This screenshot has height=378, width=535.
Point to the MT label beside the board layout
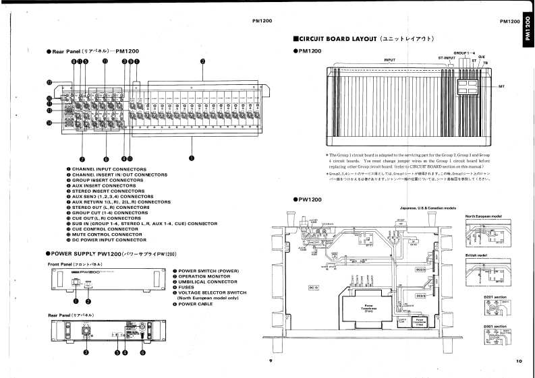tap(502, 87)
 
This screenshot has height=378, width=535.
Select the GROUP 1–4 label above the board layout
tap(463, 52)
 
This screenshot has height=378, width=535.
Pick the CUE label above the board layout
tap(482, 57)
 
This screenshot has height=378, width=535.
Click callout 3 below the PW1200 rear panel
tap(86, 351)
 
